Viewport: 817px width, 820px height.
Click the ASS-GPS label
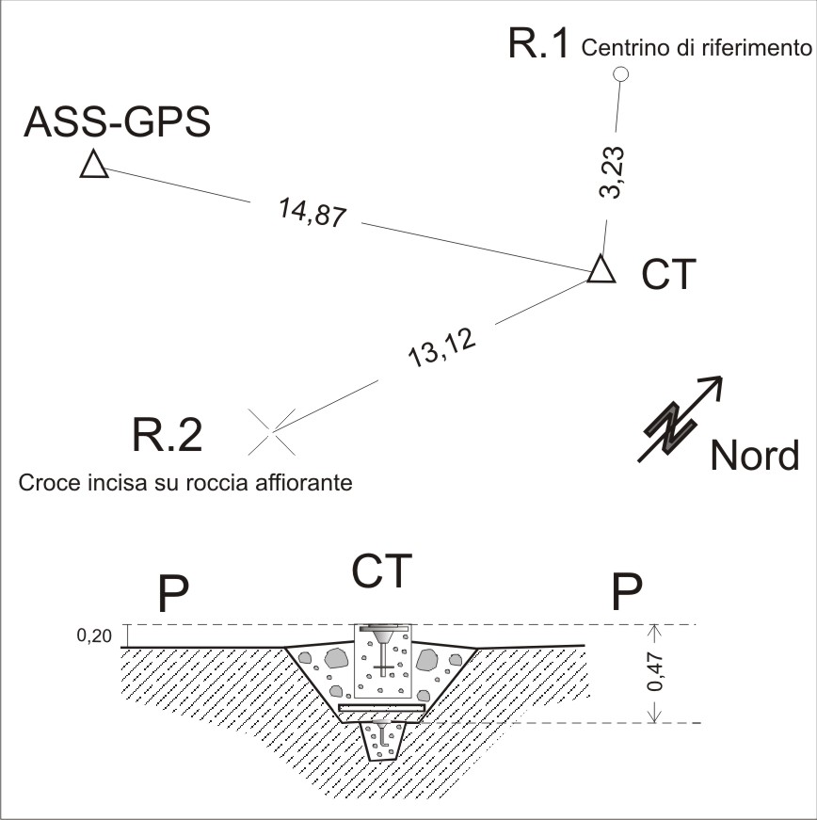point(117,121)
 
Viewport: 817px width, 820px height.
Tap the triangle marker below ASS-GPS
point(93,166)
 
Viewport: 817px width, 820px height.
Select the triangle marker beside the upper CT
point(601,270)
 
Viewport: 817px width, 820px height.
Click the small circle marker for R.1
point(620,73)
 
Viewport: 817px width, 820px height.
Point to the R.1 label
point(538,43)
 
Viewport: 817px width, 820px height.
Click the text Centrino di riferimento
point(697,47)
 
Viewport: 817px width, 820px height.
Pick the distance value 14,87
point(312,212)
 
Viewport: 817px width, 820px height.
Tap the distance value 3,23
point(612,172)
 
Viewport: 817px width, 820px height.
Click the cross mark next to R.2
point(271,431)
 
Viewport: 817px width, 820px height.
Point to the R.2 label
point(168,436)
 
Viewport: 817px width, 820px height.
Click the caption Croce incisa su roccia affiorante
point(185,485)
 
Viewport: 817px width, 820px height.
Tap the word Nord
point(755,457)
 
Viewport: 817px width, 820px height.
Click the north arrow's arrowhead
point(715,384)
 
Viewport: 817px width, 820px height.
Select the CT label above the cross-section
point(381,571)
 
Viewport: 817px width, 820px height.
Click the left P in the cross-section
point(173,594)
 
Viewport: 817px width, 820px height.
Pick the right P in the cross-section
point(627,592)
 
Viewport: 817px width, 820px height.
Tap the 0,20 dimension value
point(95,635)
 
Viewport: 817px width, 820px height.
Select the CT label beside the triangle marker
point(668,275)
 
